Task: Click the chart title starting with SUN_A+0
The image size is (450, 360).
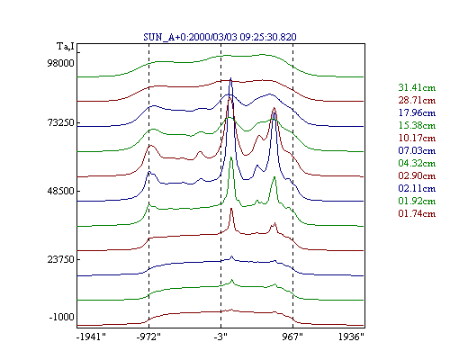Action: tap(220, 37)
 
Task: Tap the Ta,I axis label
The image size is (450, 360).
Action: tap(66, 46)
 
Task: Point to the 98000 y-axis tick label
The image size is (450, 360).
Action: tap(60, 63)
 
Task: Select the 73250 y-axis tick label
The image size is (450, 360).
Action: tap(60, 122)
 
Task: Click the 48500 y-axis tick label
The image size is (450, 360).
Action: tap(60, 191)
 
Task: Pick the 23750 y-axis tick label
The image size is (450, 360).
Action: tap(60, 259)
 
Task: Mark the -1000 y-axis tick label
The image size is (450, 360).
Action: tap(61, 317)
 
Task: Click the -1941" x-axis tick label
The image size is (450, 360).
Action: tap(92, 337)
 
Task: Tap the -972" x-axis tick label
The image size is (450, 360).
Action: tap(148, 337)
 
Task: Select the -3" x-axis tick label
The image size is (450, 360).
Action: tap(220, 337)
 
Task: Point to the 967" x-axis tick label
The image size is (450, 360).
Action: tap(292, 337)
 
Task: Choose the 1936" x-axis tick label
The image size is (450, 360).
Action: tap(351, 337)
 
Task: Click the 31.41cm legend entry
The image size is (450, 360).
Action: tap(417, 87)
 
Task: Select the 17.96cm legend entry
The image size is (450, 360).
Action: tap(417, 112)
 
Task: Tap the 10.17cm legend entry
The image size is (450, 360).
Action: tap(417, 138)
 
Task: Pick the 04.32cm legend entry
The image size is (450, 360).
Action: tap(417, 163)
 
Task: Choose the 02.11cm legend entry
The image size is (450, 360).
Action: tap(417, 188)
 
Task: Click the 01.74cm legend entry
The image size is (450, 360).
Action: tap(417, 213)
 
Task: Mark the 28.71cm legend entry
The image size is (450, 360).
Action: tap(417, 100)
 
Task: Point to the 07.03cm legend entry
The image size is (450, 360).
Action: tap(417, 150)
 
